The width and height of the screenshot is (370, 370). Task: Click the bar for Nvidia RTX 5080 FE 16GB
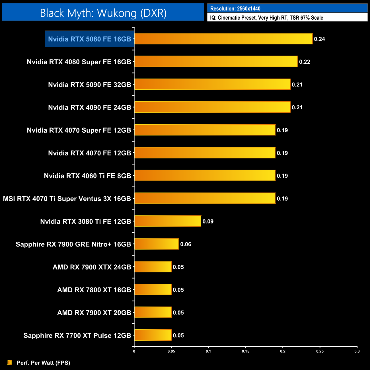coord(223,39)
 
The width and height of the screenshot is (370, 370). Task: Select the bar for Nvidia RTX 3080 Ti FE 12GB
coord(168,221)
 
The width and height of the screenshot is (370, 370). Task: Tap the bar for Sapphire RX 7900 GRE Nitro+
coord(157,244)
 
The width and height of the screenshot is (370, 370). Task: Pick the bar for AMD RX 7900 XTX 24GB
coord(153,267)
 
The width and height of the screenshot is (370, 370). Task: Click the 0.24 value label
coord(319,39)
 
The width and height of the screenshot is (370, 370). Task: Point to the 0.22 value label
coord(305,62)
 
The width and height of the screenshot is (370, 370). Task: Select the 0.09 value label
coord(208,221)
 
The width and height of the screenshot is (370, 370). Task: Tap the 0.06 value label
coord(186,244)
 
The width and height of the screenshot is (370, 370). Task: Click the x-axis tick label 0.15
coord(246,351)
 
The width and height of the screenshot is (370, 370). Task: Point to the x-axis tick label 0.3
coord(357,351)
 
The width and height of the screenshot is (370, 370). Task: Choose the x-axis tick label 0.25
coord(320,351)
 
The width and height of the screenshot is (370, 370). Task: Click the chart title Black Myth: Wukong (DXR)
coord(103,13)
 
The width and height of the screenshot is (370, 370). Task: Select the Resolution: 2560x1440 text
coord(235,9)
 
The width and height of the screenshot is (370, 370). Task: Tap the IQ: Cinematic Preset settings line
coord(266,18)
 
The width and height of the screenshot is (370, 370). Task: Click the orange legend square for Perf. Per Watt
coord(10,362)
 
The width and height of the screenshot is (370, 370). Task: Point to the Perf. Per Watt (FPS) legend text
coord(43,363)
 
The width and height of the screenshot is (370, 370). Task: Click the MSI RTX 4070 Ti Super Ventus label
coord(67,199)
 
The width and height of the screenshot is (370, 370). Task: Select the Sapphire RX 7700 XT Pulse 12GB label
coord(77,336)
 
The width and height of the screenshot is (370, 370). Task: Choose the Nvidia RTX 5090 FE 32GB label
coord(89,85)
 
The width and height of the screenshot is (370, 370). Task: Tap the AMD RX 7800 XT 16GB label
coord(94,290)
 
